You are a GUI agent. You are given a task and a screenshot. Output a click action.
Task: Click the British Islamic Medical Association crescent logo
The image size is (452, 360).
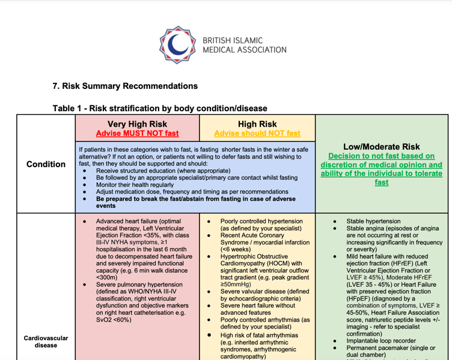coord(178,44)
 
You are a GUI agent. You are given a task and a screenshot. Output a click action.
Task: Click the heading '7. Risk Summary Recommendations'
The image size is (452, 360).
coord(125,86)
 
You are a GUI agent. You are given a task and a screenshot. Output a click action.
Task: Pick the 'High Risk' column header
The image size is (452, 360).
coord(257,124)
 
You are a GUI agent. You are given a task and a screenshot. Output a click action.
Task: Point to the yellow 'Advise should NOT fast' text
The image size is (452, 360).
coord(257,133)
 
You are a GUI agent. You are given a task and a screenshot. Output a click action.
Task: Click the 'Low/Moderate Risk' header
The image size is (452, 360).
coord(381,147)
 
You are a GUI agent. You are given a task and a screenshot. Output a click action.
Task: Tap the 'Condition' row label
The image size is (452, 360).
coord(46,164)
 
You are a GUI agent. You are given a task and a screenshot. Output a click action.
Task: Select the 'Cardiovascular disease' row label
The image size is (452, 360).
coord(46,341)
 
